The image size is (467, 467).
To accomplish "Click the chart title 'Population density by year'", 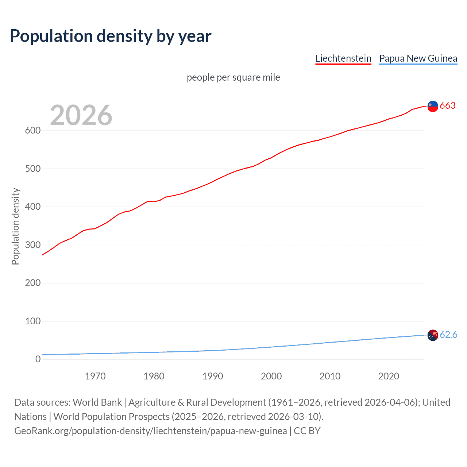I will click(x=111, y=36).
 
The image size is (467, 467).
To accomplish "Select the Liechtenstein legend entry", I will click(x=343, y=58).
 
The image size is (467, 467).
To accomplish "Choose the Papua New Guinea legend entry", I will click(x=418, y=58).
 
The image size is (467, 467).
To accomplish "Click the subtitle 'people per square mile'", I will click(x=233, y=77).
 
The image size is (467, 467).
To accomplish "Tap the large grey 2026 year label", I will click(x=81, y=115).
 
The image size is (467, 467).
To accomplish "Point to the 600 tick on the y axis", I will click(x=33, y=131).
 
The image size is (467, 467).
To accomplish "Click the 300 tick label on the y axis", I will click(x=33, y=245).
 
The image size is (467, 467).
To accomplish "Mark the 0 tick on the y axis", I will click(x=38, y=359).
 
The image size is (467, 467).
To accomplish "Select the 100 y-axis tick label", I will click(x=33, y=321).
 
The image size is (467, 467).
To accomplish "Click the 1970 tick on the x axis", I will click(x=95, y=376).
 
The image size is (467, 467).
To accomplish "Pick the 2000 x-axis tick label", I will click(x=271, y=376).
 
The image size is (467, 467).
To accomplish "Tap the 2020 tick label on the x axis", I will click(x=389, y=376).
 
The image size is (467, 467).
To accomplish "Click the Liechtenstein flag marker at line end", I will click(x=433, y=106).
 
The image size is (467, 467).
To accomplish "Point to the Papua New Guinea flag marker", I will click(x=433, y=335).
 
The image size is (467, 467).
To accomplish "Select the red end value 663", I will click(x=448, y=106).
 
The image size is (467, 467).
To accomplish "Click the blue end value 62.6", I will click(x=448, y=335).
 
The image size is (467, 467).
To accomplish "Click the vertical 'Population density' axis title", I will click(x=15, y=226).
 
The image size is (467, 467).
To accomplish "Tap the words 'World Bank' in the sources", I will click(x=97, y=402).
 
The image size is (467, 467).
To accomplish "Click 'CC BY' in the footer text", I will click(x=307, y=431).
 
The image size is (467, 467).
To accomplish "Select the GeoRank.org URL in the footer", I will click(x=150, y=431).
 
